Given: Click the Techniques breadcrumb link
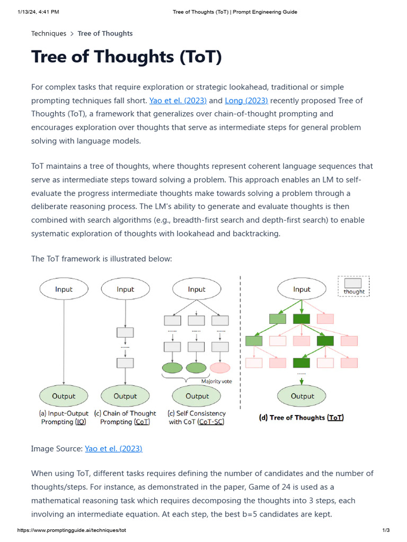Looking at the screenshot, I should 49,33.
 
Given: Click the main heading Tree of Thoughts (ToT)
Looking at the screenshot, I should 126,56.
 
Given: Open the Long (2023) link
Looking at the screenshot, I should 246,101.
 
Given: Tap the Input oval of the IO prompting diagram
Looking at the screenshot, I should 64,289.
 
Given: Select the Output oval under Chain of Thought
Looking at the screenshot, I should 125,396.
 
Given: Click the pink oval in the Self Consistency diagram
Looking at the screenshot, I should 220,367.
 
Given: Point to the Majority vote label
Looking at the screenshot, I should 216,381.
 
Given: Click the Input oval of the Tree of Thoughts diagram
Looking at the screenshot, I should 302,289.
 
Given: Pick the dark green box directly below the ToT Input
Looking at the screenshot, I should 302,319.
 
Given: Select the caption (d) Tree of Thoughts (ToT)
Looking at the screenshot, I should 301,418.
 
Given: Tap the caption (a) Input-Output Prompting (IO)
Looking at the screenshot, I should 64,418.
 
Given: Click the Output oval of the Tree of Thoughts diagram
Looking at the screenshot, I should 303,396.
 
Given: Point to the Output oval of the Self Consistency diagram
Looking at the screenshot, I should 197,396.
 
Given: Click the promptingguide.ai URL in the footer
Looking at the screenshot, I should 72,530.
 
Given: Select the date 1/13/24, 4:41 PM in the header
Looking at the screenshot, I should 38,12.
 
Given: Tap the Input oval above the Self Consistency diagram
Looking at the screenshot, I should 197,289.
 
